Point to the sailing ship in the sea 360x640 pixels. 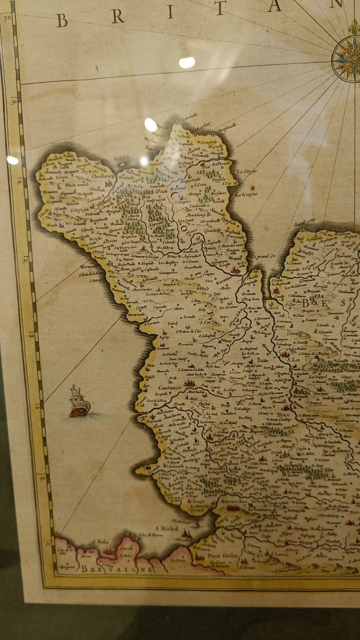point(79,402)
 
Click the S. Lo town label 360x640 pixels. point(294,360)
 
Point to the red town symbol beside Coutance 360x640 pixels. point(188,383)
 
